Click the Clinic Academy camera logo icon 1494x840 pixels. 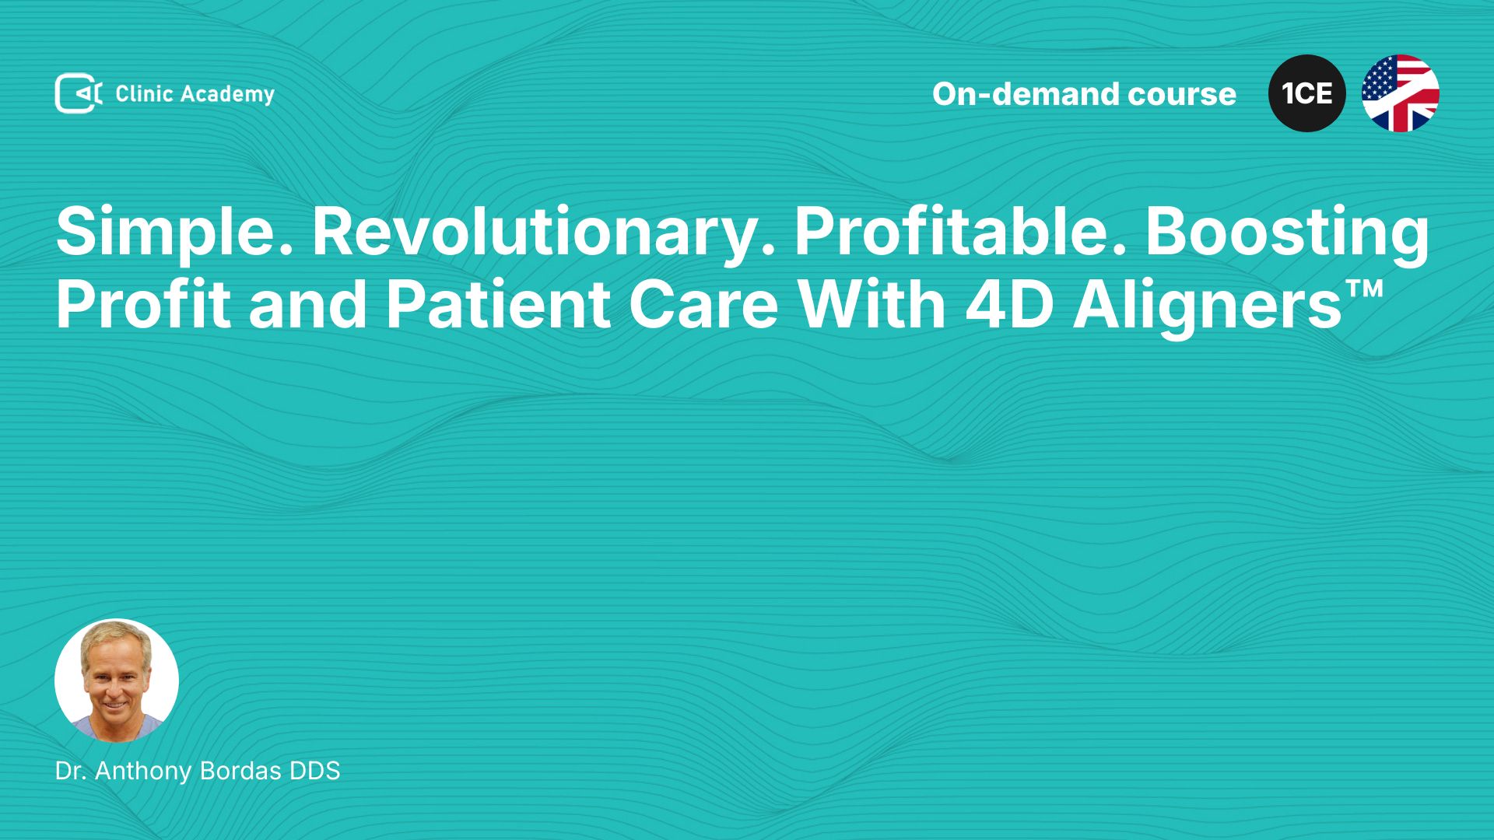(79, 93)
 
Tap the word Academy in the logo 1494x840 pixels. (228, 95)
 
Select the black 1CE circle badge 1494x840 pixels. (1307, 93)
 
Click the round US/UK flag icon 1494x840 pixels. (1401, 93)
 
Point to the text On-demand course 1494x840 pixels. (1084, 94)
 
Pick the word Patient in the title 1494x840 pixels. (498, 305)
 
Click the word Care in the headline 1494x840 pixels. (703, 306)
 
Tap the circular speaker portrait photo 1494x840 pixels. (117, 681)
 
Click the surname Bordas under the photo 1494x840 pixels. (240, 771)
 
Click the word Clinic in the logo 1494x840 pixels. (144, 94)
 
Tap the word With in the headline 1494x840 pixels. (871, 305)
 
